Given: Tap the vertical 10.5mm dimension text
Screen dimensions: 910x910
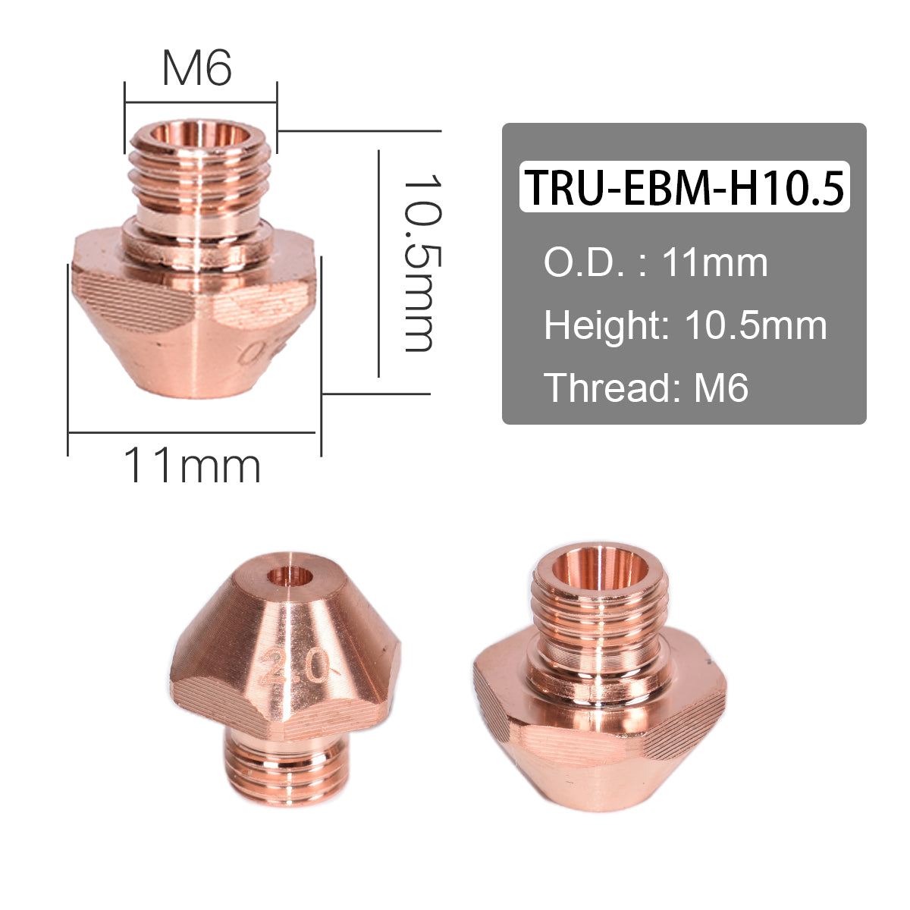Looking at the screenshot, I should click(419, 263).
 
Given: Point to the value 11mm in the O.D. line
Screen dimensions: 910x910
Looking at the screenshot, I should click(715, 263).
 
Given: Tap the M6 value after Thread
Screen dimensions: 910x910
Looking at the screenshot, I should click(721, 388).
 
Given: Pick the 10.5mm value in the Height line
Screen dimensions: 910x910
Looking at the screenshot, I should click(755, 325).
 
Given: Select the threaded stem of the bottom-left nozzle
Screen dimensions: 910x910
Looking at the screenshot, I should click(287, 770).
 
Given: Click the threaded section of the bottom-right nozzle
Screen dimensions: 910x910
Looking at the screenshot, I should click(599, 618).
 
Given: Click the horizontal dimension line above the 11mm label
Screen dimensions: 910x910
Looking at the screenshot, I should click(192, 432).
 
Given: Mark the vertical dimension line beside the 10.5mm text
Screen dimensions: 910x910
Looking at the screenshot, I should click(378, 263).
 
